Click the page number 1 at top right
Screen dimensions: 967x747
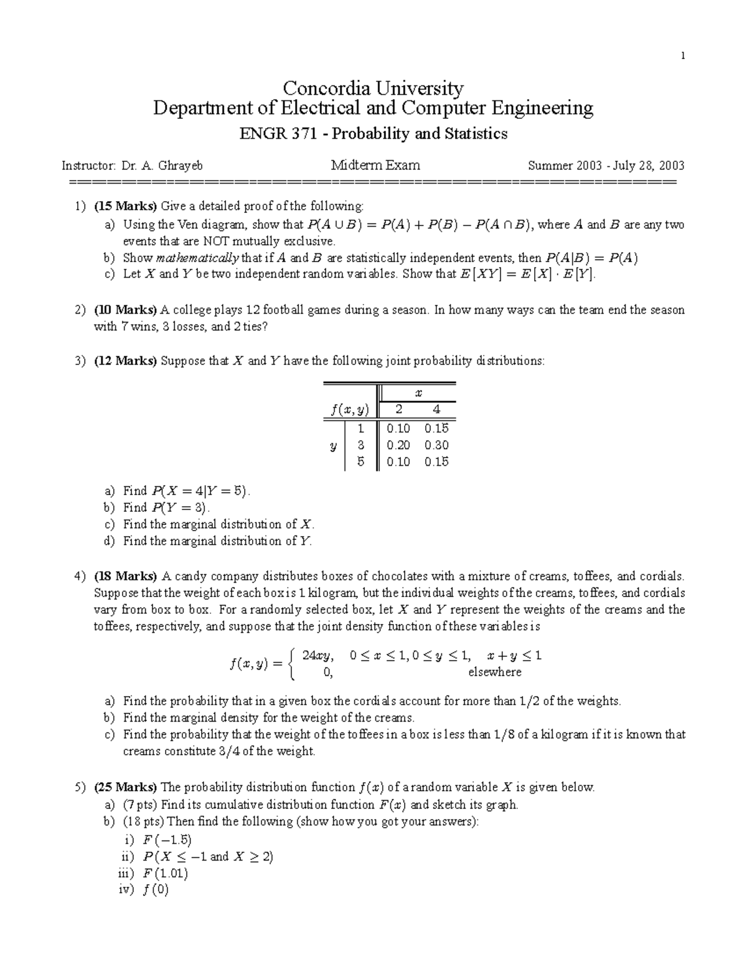tap(682, 56)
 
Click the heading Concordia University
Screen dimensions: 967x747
tap(373, 88)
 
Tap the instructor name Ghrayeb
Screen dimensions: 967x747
tap(181, 166)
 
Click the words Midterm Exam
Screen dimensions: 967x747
tap(375, 166)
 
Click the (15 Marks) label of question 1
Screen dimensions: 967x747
tap(125, 206)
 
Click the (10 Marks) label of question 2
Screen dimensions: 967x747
tap(125, 310)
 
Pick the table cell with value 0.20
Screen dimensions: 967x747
tap(398, 445)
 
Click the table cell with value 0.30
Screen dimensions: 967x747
tap(436, 445)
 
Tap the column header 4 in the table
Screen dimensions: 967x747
tap(436, 410)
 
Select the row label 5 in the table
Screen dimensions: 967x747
tap(360, 462)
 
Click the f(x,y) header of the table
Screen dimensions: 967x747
tap(350, 410)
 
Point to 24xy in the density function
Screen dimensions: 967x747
tap(317, 656)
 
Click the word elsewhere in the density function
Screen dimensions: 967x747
tap(495, 672)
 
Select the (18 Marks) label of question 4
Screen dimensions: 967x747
tap(125, 576)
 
